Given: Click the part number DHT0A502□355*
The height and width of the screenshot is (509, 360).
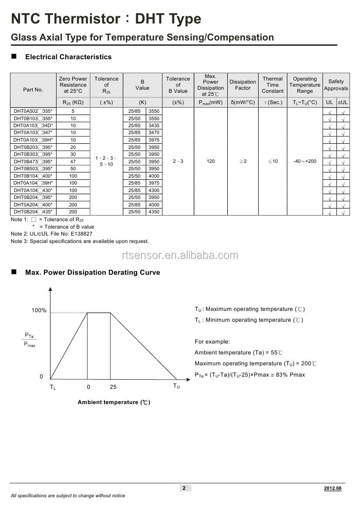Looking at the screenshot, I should (33, 111).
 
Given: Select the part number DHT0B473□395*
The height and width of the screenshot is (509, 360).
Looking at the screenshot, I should (33, 162).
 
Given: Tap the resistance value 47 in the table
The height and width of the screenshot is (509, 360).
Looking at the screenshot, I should (73, 162).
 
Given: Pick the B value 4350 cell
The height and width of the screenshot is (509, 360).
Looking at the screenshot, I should (154, 212).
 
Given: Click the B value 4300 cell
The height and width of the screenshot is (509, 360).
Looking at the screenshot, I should (154, 190).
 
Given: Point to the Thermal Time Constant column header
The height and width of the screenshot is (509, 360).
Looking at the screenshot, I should (273, 85).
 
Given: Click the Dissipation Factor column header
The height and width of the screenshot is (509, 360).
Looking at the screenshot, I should (242, 85).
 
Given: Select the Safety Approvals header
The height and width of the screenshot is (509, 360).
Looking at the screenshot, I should (336, 85).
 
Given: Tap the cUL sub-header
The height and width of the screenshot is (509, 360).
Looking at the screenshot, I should (343, 103).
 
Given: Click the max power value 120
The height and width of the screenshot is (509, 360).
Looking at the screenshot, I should (211, 162).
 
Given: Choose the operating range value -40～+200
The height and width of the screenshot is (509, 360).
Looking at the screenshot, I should (305, 162).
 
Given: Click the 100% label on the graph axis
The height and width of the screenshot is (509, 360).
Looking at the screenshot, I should (39, 310).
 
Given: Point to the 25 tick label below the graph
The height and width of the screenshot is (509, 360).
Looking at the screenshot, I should (113, 387).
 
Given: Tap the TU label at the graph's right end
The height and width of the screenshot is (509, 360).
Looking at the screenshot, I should (176, 386).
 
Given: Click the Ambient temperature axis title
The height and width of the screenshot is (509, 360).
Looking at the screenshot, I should (114, 402).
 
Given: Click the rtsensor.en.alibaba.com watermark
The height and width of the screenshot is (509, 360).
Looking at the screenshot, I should (180, 256).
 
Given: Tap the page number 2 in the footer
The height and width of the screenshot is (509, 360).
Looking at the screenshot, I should (184, 488).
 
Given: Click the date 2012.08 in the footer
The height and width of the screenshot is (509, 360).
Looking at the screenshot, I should (333, 489).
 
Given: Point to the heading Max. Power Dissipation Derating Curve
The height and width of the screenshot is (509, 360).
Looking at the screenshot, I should (92, 273).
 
